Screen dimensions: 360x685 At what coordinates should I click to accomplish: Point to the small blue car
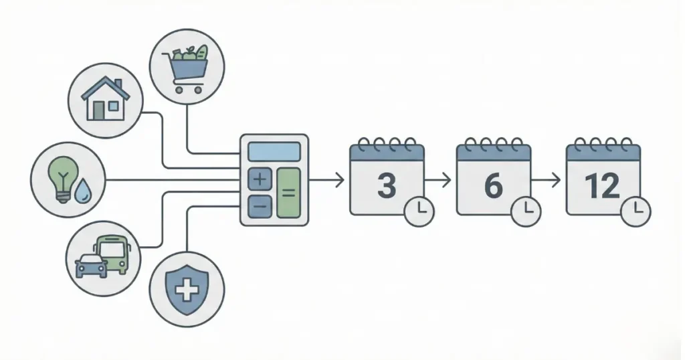pos(90,266)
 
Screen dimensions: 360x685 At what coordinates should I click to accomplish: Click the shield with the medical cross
pos(188,290)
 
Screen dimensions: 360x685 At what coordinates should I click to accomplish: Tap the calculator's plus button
pos(260,179)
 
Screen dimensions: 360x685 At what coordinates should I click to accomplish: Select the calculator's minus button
pos(260,207)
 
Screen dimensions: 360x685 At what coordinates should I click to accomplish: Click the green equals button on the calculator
pos(289,193)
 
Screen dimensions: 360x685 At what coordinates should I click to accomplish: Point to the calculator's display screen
pos(274,152)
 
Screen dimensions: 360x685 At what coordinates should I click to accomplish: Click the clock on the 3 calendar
pos(419,211)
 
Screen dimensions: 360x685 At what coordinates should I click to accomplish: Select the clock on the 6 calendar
pos(526,211)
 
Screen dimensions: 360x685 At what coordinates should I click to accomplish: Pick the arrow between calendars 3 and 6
pos(439,179)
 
